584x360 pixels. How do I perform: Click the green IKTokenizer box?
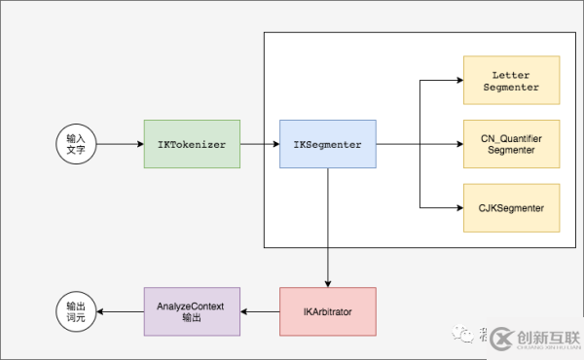point(192,145)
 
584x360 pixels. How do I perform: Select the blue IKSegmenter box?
point(327,145)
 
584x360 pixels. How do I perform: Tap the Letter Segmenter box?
point(512,81)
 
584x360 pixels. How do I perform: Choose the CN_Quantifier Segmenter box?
point(512,144)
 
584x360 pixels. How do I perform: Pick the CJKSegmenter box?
point(512,207)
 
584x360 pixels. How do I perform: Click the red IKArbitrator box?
point(327,312)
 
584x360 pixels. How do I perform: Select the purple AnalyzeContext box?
point(191,312)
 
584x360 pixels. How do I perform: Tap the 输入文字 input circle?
point(75,145)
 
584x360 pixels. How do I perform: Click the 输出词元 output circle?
point(75,312)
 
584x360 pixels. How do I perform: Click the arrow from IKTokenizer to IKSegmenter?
point(259,145)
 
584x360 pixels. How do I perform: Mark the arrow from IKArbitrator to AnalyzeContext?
point(260,312)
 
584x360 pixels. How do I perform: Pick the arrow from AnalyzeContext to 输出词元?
point(121,312)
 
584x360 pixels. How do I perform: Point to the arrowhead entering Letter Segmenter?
point(458,81)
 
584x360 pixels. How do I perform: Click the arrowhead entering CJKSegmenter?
point(458,207)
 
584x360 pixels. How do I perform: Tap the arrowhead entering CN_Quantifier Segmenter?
point(458,145)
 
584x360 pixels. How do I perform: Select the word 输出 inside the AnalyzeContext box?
point(191,319)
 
